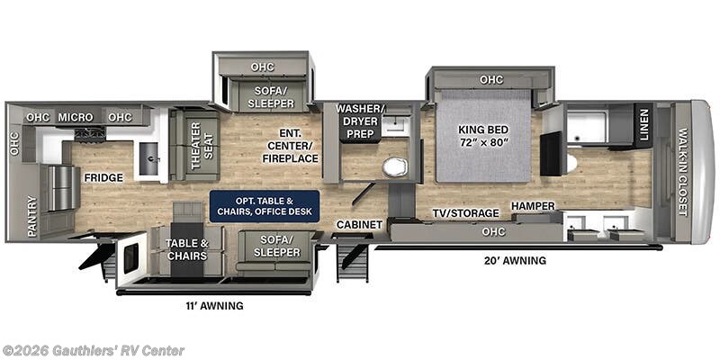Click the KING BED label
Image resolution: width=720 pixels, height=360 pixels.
click(x=483, y=135)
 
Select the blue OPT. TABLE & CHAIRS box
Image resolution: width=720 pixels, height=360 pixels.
click(x=264, y=205)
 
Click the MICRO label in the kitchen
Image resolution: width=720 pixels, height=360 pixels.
click(x=76, y=117)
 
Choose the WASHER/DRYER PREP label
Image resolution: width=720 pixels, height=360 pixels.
click(x=360, y=121)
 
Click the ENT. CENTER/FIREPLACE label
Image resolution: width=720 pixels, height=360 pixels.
click(x=291, y=146)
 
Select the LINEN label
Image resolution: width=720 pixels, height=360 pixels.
click(x=643, y=125)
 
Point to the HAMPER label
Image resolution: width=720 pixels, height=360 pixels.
click(x=533, y=206)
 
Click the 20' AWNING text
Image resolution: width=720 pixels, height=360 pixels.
click(x=514, y=260)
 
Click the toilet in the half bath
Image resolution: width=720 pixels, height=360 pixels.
click(x=393, y=167)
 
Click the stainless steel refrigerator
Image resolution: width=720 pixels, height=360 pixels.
click(x=61, y=187)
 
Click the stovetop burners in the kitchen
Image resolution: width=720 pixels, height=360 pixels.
click(x=89, y=134)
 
